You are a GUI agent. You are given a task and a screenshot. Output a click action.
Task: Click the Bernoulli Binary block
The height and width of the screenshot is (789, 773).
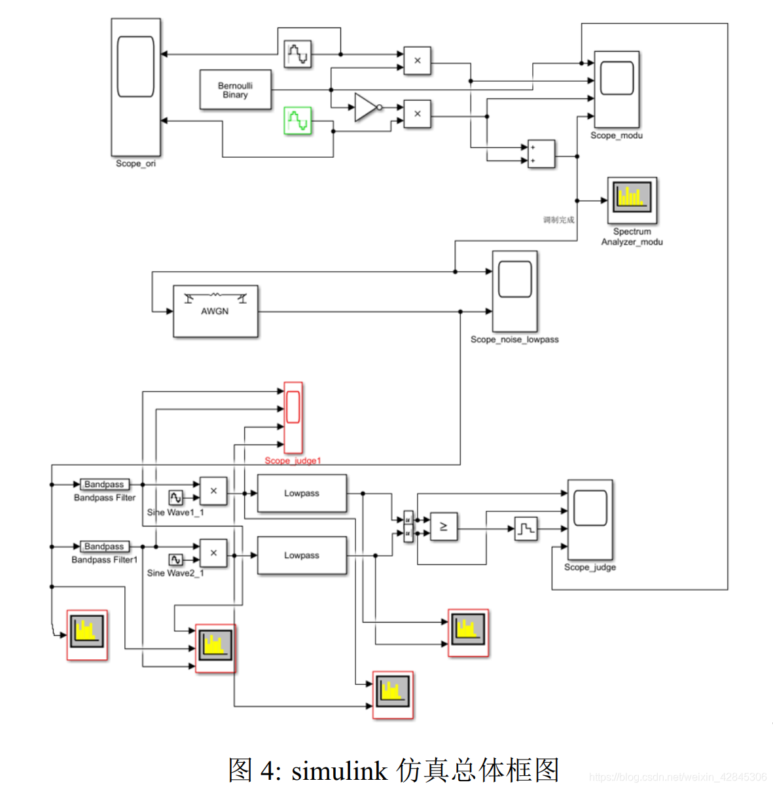tap(235, 90)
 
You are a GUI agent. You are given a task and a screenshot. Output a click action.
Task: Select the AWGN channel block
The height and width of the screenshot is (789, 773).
tap(215, 311)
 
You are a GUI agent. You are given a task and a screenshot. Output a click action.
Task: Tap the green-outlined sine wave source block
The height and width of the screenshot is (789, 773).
tap(298, 121)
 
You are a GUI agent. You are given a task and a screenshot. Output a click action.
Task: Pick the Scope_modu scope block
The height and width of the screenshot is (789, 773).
tap(616, 89)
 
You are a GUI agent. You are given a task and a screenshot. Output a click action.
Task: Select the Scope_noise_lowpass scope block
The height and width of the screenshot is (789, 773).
tap(514, 291)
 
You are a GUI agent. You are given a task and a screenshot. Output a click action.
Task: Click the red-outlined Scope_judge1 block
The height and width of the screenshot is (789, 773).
tap(293, 417)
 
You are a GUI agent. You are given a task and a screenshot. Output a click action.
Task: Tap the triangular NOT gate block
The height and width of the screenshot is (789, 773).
tap(366, 107)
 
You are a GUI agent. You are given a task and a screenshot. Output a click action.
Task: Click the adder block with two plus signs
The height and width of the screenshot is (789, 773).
tap(541, 155)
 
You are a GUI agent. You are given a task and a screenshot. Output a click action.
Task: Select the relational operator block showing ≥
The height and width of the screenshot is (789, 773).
tap(444, 526)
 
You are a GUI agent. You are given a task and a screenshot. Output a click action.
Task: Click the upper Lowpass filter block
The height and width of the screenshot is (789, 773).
tap(302, 493)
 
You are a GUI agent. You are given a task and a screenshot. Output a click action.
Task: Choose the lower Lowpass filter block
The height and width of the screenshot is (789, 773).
tap(302, 555)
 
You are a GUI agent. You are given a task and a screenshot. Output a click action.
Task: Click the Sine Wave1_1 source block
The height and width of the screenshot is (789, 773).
tap(175, 498)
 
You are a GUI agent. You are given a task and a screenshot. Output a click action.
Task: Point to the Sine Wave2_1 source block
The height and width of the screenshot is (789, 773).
tap(175, 560)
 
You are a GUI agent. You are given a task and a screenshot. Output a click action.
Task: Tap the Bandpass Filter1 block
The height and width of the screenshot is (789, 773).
tap(104, 546)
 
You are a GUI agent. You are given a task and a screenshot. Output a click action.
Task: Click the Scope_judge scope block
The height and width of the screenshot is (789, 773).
tap(590, 519)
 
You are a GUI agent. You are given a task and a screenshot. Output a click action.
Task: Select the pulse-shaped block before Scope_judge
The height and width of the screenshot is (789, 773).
tap(526, 528)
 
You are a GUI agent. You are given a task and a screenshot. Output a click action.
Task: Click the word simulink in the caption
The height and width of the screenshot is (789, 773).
tap(339, 771)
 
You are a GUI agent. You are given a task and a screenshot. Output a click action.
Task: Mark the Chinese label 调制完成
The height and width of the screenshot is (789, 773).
tap(558, 220)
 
